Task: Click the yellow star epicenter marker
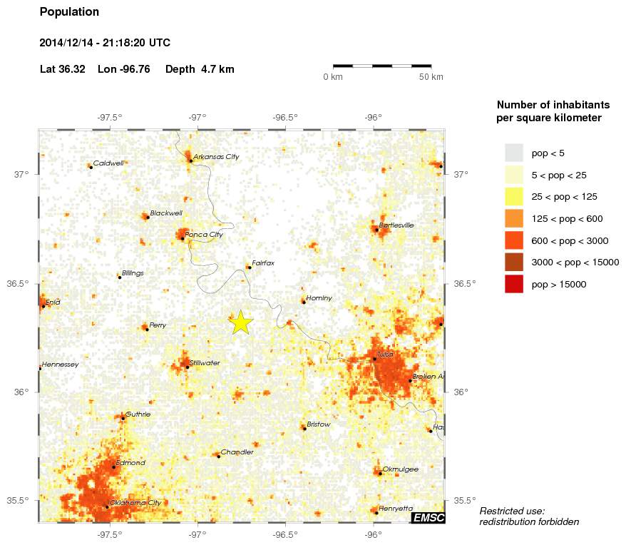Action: (x=241, y=322)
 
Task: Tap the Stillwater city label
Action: (x=205, y=363)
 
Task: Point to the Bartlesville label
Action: (x=396, y=225)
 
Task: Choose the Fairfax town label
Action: (x=263, y=263)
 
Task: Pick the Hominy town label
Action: (x=319, y=298)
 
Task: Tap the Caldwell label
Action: (x=108, y=163)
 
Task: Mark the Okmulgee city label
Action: (x=400, y=469)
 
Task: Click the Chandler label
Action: (x=237, y=452)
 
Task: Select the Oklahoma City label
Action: (x=135, y=503)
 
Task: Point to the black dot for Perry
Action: (x=147, y=330)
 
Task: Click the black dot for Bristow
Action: (x=304, y=429)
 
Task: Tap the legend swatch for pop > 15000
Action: (x=513, y=284)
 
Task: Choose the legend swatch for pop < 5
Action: (x=513, y=153)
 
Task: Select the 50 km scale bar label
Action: (x=431, y=77)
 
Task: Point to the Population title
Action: (x=69, y=12)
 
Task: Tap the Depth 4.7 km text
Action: (x=200, y=69)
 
